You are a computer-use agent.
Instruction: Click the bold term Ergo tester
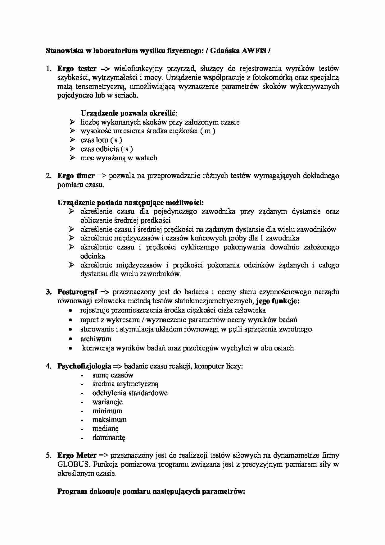77,68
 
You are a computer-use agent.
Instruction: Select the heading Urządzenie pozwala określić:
129,113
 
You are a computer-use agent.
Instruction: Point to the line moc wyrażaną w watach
119,158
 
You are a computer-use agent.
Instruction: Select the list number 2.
48,176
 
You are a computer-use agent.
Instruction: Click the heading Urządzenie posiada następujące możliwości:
131,203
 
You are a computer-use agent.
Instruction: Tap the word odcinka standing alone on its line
93,256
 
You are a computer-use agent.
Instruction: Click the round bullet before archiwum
71,339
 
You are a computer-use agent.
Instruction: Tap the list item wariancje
107,402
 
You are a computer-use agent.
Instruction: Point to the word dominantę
108,438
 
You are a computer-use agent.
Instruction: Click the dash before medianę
82,429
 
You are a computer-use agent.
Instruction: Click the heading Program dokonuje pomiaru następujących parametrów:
151,492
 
